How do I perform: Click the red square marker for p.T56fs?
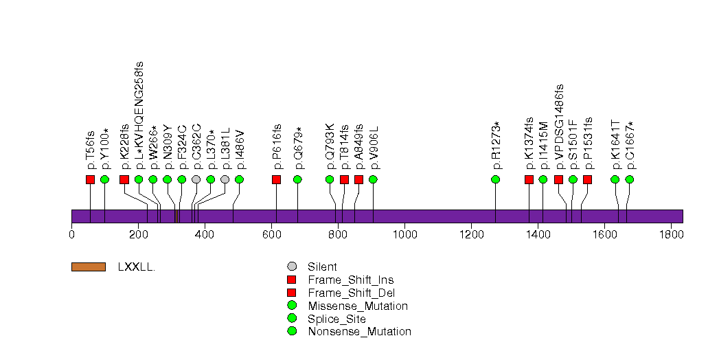tap(90, 179)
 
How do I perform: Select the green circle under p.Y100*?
tap(104, 179)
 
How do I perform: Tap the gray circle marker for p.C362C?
tap(196, 179)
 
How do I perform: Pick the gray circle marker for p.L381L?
tap(225, 179)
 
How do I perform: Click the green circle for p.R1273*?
tap(496, 179)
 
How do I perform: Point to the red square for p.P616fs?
tap(276, 179)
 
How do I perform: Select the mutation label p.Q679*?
tap(298, 148)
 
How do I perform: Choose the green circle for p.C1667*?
tap(630, 179)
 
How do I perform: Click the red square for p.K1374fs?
tap(529, 179)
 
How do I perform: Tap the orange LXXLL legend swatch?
tap(88, 267)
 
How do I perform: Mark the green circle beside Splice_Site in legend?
tap(292, 319)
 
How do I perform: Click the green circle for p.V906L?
tap(373, 179)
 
